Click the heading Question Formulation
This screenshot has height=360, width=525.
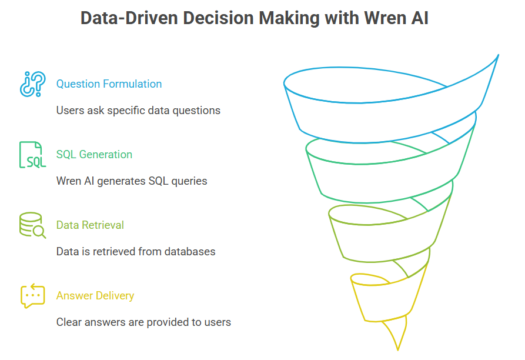pyautogui.click(x=109, y=84)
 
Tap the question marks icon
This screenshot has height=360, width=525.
pyautogui.click(x=32, y=84)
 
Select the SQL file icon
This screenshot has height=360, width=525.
pyautogui.click(x=32, y=154)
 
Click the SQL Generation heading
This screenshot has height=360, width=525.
pyautogui.click(x=94, y=154)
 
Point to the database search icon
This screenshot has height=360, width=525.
pyautogui.click(x=32, y=225)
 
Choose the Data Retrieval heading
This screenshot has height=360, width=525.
pyautogui.click(x=90, y=225)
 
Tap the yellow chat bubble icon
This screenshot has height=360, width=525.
pyautogui.click(x=32, y=296)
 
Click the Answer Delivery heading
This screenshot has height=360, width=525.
pyautogui.click(x=95, y=296)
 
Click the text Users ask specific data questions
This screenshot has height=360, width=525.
pyautogui.click(x=138, y=110)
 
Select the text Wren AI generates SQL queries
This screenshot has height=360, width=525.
pyautogui.click(x=132, y=181)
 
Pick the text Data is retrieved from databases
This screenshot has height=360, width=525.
pyautogui.click(x=136, y=252)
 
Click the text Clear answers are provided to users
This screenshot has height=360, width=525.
pyautogui.click(x=143, y=322)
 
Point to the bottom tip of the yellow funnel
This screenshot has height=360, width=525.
pyautogui.click(x=398, y=350)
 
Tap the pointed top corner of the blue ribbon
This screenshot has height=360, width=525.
pyautogui.click(x=498, y=55)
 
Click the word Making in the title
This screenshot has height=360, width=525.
pyautogui.click(x=289, y=18)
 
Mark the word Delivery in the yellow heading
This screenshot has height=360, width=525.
pyautogui.click(x=115, y=296)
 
